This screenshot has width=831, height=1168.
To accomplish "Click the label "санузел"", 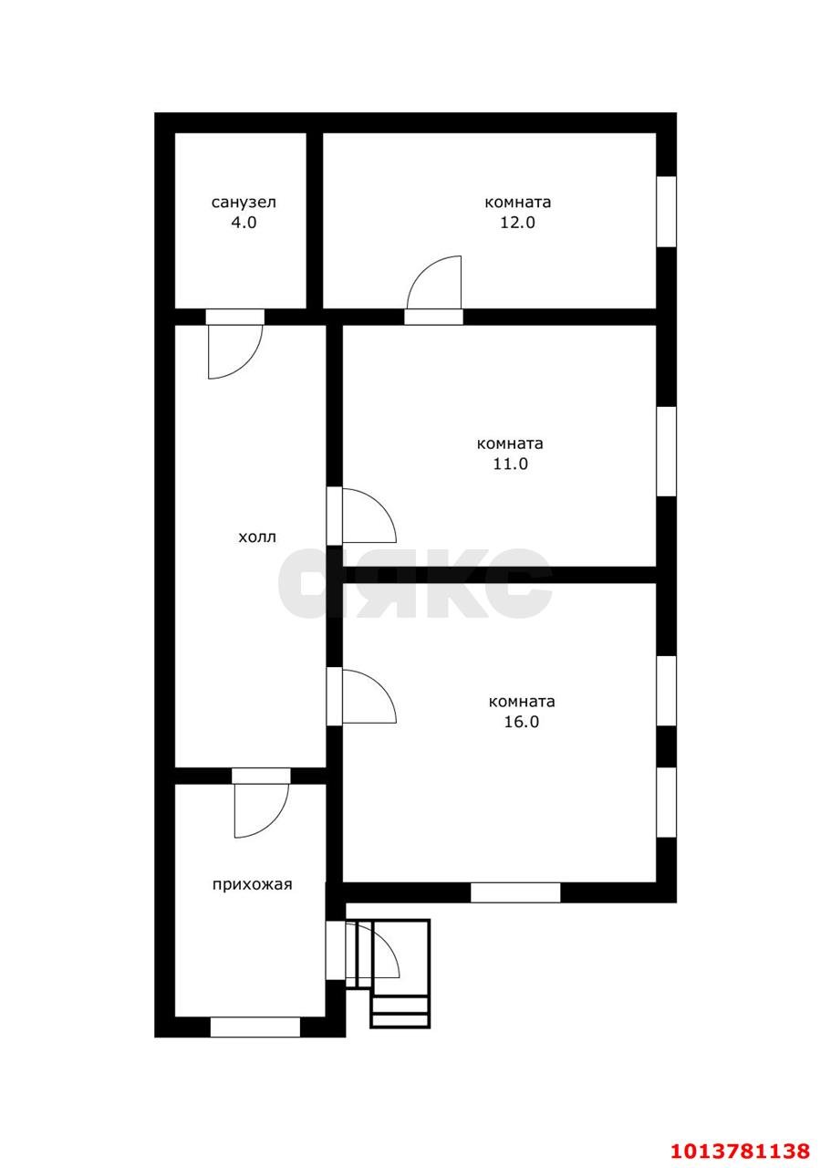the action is (244, 203).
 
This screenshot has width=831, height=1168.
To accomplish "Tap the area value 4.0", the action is (244, 223).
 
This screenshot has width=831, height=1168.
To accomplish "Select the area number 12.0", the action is (518, 223).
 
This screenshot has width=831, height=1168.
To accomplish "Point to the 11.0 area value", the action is (511, 464).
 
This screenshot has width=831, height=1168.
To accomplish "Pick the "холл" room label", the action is (257, 537).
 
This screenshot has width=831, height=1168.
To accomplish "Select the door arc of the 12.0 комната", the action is (423, 270).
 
